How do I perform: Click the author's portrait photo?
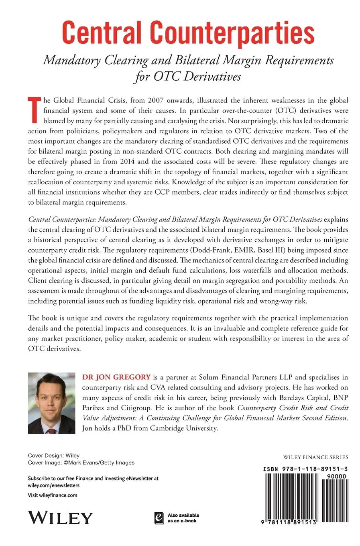pos(52,403)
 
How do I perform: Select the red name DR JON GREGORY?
pos(116,377)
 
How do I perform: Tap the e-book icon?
pos(159,517)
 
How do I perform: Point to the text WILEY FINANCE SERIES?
pos(315,457)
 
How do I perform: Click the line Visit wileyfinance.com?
pos(53,495)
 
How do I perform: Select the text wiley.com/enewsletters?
pos(54,485)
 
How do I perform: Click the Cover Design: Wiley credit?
pos(54,456)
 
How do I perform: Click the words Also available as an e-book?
pos(183,517)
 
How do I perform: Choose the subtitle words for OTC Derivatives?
pos(187,76)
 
